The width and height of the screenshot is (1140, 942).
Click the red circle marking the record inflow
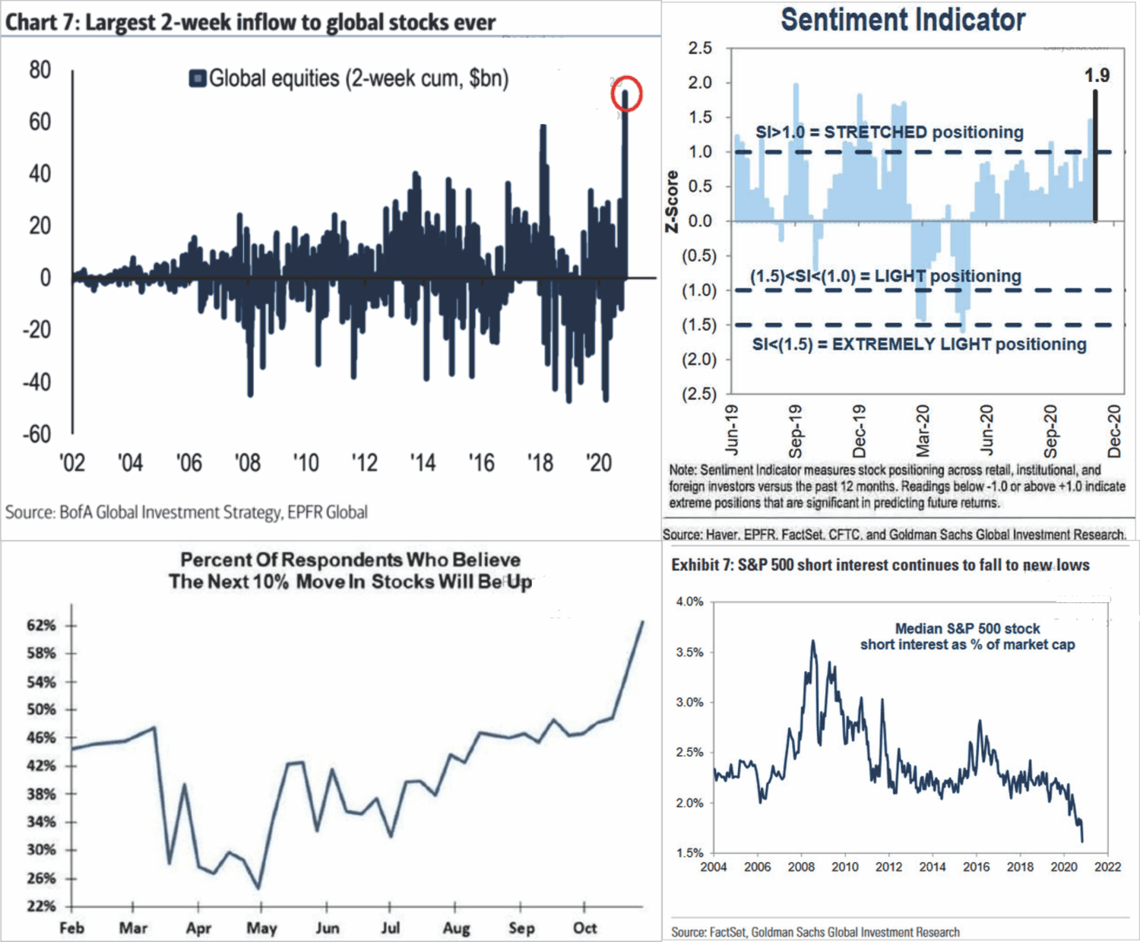tap(627, 94)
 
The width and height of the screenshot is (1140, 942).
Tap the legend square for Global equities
tap(198, 78)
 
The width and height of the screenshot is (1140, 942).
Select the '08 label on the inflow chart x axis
tap(247, 463)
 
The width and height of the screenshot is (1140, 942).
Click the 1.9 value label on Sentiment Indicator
tap(1096, 75)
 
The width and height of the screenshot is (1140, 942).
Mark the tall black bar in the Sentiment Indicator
tap(1095, 156)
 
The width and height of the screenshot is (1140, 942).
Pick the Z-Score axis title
tap(672, 201)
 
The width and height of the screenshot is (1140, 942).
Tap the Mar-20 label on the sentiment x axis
tap(923, 429)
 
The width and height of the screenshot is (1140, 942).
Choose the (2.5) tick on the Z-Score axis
tap(698, 394)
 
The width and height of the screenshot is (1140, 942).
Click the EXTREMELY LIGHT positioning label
tap(919, 344)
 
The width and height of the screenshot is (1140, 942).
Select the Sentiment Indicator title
tap(903, 20)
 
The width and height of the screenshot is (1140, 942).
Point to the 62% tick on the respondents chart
tap(41, 625)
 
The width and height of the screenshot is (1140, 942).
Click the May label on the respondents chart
tap(261, 928)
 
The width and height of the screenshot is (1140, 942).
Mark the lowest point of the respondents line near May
tap(258, 887)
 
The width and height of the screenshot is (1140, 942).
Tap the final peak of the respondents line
tap(643, 622)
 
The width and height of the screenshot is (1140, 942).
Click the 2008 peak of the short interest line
tap(813, 642)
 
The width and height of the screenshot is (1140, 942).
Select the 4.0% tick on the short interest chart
tap(689, 601)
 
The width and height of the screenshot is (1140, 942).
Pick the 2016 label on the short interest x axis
tap(976, 867)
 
